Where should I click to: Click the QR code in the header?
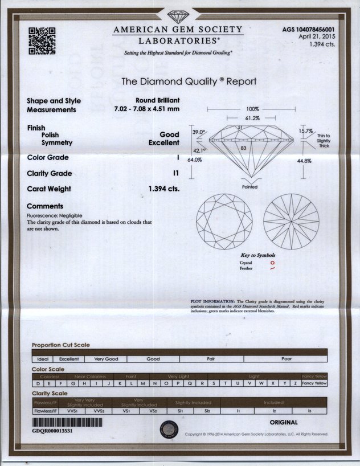click(42, 40)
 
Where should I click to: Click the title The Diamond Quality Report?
click(189, 81)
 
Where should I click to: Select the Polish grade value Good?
click(169, 134)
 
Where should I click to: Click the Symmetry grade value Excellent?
click(164, 142)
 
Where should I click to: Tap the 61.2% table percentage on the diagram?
click(252, 118)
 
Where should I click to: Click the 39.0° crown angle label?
click(198, 132)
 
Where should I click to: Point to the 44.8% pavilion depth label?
click(303, 161)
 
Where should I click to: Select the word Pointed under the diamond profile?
click(249, 187)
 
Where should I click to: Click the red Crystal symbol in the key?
click(272, 263)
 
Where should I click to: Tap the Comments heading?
click(45, 206)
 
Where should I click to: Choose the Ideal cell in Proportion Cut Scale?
click(43, 359)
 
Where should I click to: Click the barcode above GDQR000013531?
click(67, 423)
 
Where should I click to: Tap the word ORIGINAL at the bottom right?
click(283, 422)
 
